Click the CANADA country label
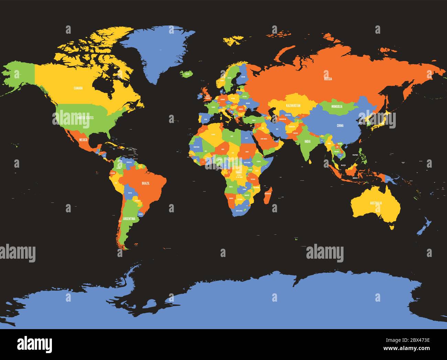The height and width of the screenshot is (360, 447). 78,88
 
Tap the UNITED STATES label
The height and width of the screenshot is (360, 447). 85,118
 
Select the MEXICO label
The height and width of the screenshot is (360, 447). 83,140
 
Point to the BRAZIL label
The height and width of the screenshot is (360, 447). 145,183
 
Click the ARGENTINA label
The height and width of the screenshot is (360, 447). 129,218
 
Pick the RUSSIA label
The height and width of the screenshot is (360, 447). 328,79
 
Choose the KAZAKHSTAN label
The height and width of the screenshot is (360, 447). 293,105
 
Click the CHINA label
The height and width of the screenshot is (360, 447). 340,126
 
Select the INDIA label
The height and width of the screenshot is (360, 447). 307,141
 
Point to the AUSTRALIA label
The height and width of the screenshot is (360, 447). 376,203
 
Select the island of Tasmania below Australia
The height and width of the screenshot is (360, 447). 391,226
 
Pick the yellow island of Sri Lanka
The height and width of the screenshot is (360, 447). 310,161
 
